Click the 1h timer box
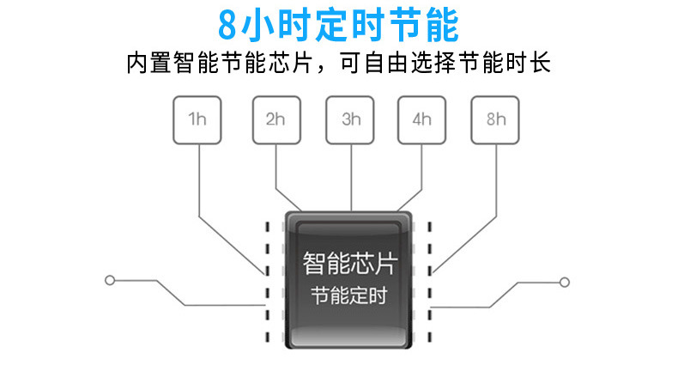(x=198, y=119)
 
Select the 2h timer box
(x=275, y=119)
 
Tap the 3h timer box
(x=351, y=119)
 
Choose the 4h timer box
(x=421, y=119)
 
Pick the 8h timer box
(x=496, y=119)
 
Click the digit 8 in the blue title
(x=227, y=26)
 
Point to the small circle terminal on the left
(x=109, y=280)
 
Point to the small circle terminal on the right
(x=564, y=281)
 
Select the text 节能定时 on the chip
(x=349, y=296)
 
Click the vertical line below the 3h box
(x=351, y=176)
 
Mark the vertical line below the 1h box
(x=198, y=180)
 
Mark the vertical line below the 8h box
(x=496, y=176)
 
